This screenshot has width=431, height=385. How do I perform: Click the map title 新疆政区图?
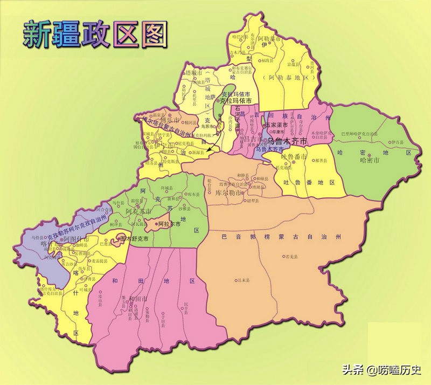point(95,35)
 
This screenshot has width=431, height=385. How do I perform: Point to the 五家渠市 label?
point(278,125)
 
